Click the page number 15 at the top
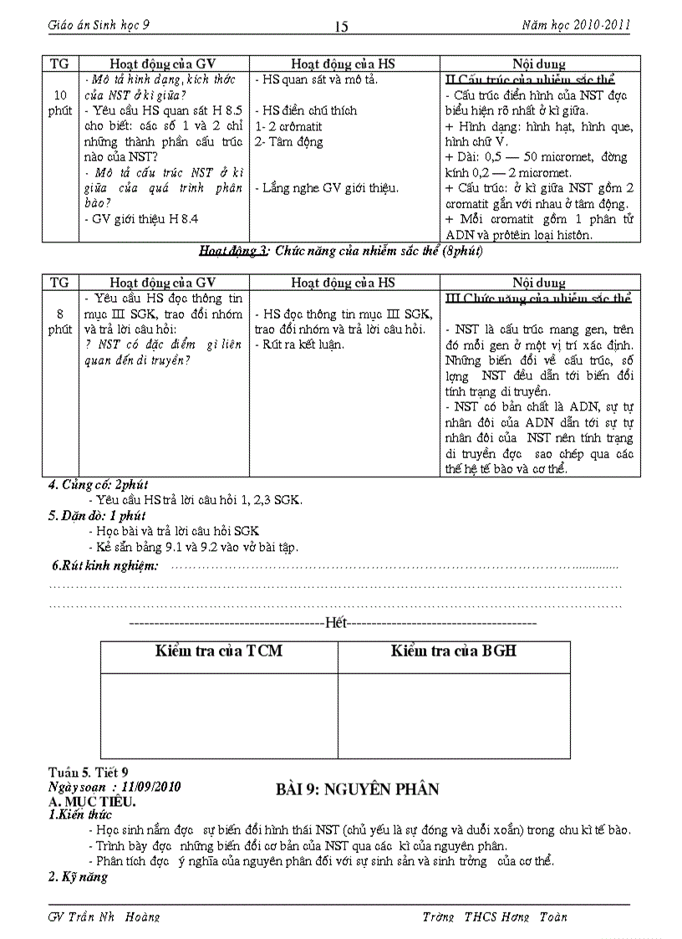(341, 27)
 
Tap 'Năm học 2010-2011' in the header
(575, 25)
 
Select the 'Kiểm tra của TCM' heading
(219, 651)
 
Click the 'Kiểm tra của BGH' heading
(453, 651)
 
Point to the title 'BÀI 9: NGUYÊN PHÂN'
(357, 789)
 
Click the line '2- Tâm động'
(288, 141)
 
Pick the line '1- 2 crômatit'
(288, 126)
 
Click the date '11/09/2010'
(151, 787)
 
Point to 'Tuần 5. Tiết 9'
(89, 773)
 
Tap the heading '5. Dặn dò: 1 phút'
(97, 516)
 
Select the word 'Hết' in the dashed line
(336, 623)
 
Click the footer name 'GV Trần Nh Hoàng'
(104, 916)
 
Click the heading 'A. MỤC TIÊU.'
(92, 801)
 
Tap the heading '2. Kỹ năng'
(78, 877)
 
